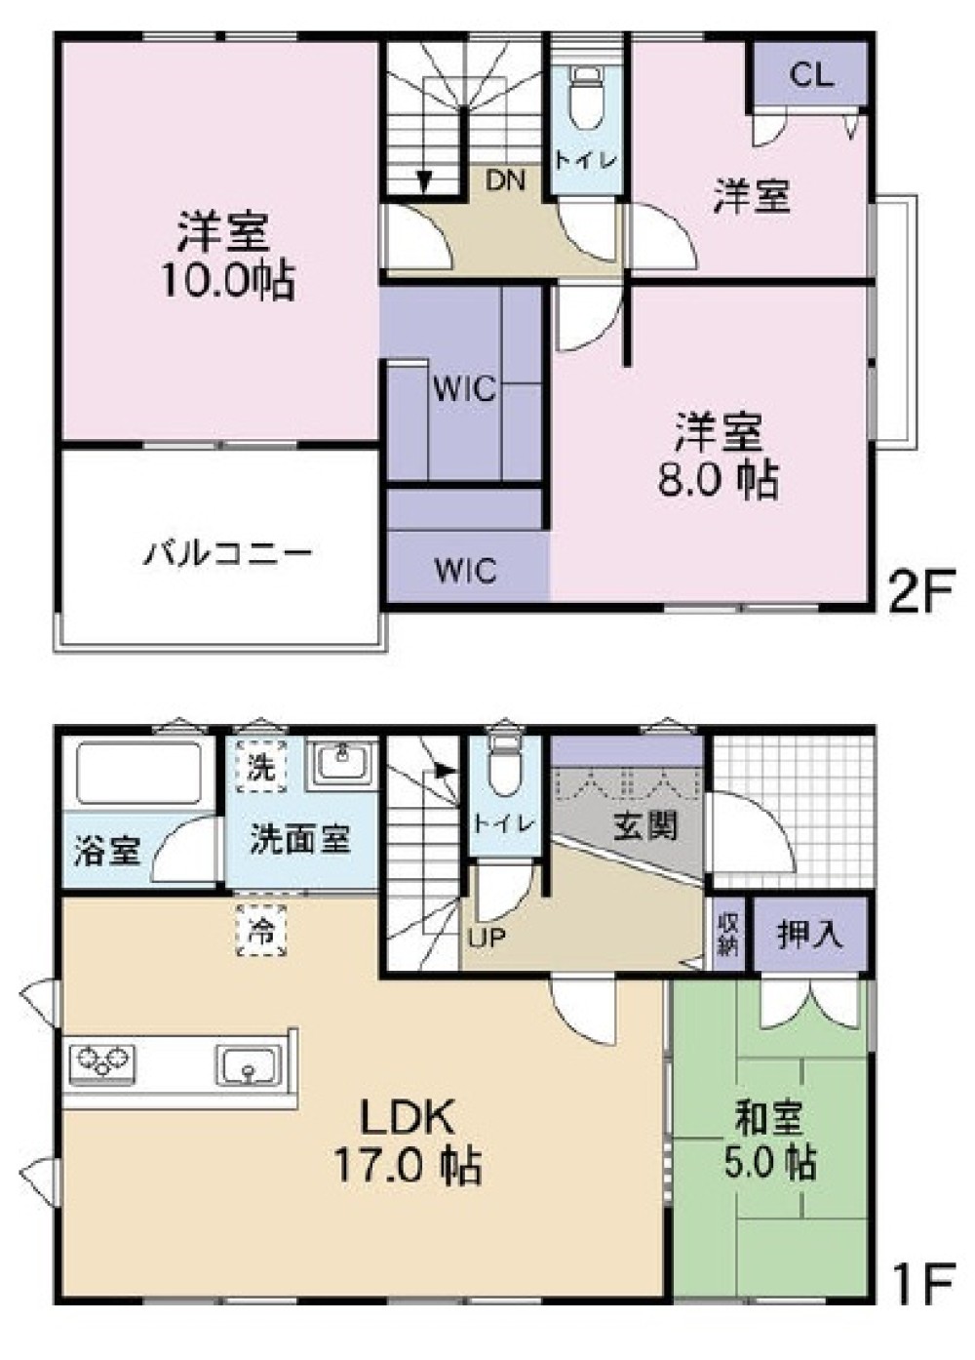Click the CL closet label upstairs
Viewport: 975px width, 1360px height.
coord(811,75)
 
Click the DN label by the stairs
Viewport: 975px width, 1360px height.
coord(505,180)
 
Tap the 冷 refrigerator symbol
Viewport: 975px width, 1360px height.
coord(261,930)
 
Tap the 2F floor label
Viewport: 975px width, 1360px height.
coord(918,591)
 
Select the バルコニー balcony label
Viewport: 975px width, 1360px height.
coord(229,554)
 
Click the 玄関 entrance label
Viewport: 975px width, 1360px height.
coord(644,827)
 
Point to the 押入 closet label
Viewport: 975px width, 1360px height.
coord(809,934)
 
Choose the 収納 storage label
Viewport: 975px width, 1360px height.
coord(727,935)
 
